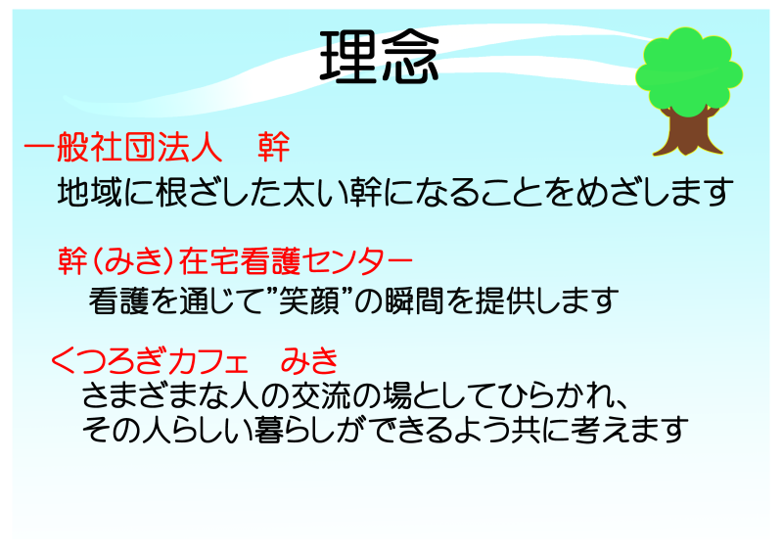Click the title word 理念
379,58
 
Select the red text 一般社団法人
123,147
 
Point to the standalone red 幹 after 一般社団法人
274,147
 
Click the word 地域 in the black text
90,192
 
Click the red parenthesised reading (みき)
134,260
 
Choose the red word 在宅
209,260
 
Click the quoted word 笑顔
309,300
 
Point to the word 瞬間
414,300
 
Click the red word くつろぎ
110,360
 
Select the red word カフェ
209,360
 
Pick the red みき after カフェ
309,360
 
